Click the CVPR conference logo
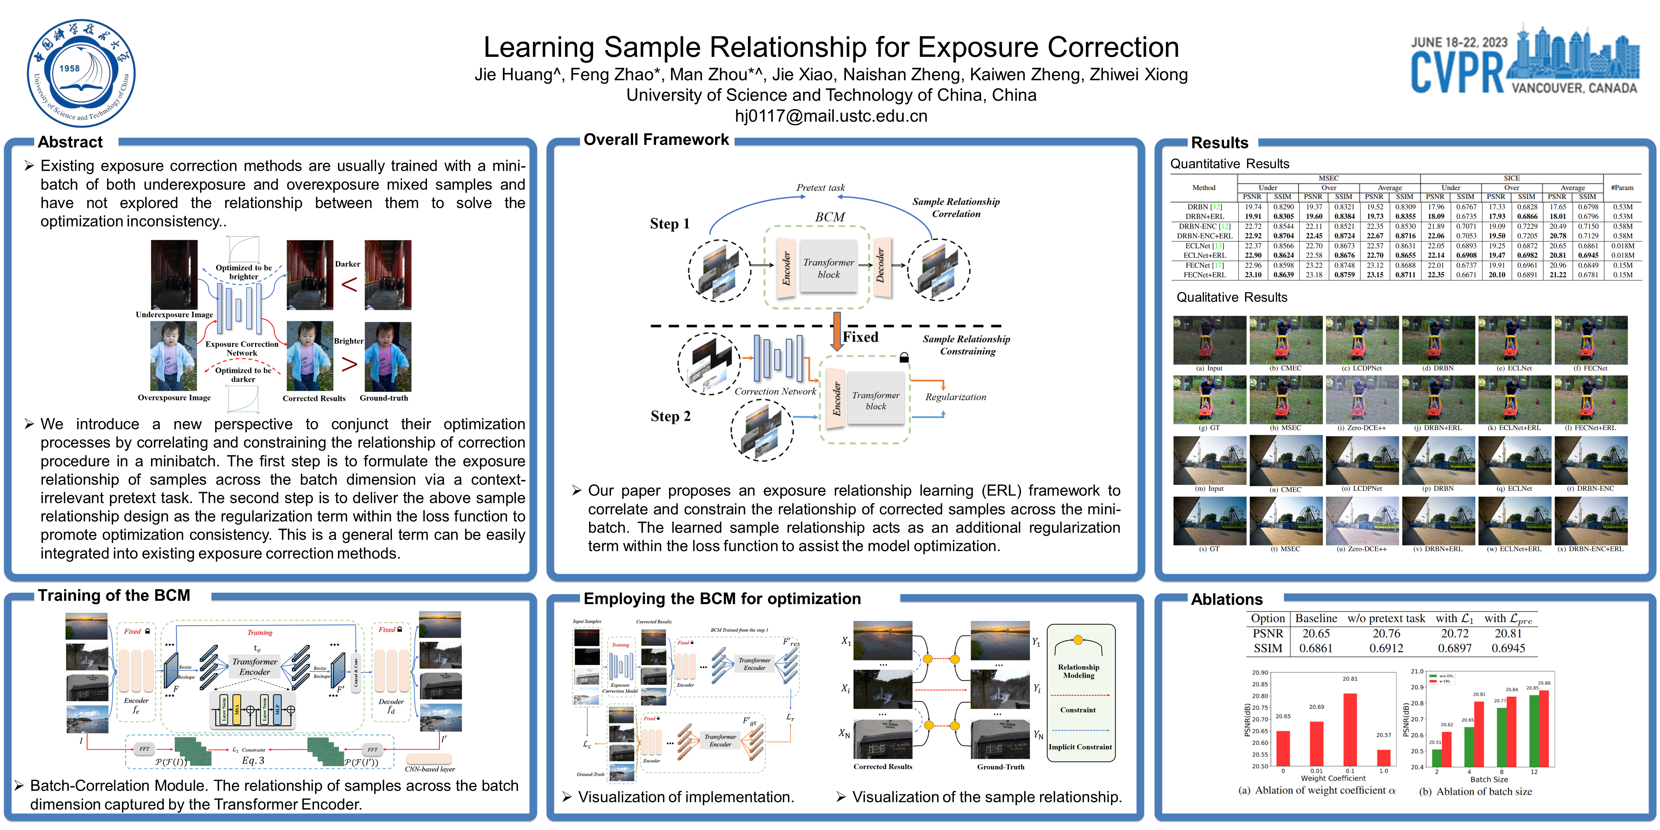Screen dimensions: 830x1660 [x=1524, y=61]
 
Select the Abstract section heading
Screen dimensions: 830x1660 [x=70, y=142]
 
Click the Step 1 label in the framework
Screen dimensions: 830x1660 [x=670, y=224]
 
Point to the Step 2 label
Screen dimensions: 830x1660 [x=670, y=416]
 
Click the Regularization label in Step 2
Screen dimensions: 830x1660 [x=956, y=397]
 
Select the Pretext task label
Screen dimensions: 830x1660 [x=820, y=188]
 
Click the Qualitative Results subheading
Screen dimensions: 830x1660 [x=1231, y=298]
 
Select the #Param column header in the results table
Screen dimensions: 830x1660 [x=1622, y=188]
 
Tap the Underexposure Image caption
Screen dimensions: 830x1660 [x=174, y=314]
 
